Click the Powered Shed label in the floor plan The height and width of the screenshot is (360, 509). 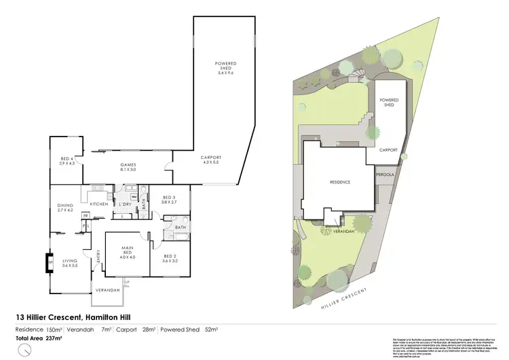tap(225, 66)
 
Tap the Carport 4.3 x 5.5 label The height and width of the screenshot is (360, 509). tap(212, 160)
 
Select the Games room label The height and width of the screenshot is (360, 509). tap(129, 166)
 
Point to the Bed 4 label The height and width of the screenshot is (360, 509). tap(66, 160)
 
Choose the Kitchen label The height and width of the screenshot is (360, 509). tap(100, 204)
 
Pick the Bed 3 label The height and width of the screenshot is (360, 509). tap(169, 199)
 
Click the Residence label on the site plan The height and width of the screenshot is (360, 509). tap(339, 182)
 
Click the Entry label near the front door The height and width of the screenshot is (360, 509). tap(99, 256)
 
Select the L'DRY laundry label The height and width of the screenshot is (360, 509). tap(125, 204)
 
